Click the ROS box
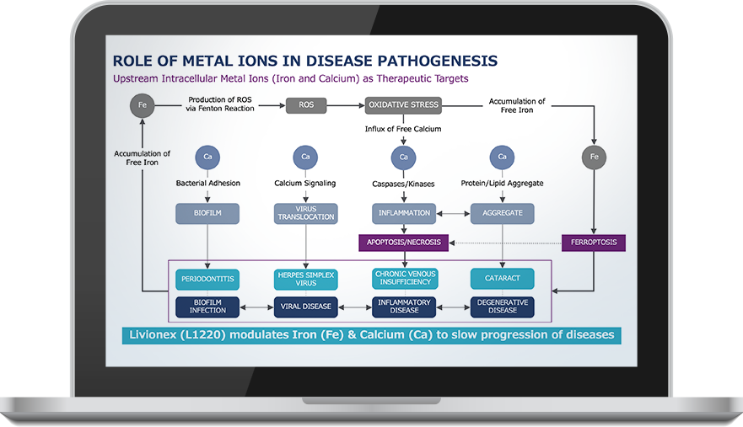pos(305,105)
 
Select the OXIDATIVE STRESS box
pos(404,105)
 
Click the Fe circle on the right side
pos(595,156)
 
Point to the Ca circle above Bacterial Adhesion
pos(207,156)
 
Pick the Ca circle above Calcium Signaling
pos(305,156)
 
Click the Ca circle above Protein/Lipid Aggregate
pos(502,156)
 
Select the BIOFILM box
pos(207,213)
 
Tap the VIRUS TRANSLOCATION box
pos(305,213)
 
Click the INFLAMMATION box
pos(404,213)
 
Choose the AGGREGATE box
pos(502,213)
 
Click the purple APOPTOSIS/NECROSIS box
pos(404,243)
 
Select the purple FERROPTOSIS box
pos(595,243)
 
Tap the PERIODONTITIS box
pos(207,278)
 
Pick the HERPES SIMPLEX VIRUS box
pos(305,278)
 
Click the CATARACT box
pos(502,278)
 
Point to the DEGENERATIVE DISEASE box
pos(502,306)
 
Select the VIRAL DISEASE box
pos(305,306)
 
